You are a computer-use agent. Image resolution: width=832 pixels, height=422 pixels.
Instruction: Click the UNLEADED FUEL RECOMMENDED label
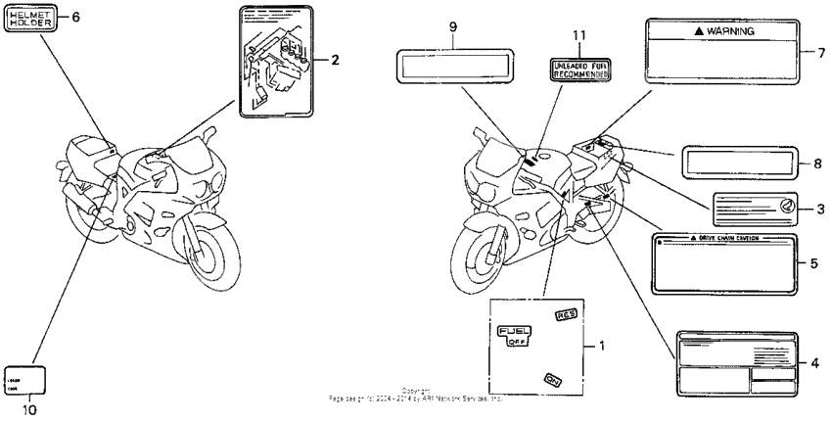click(579, 69)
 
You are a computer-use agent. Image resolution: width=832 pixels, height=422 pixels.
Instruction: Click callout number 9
click(452, 27)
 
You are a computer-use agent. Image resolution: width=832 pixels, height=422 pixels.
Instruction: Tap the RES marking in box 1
click(566, 315)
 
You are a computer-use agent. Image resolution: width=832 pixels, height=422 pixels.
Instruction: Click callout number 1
click(601, 347)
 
